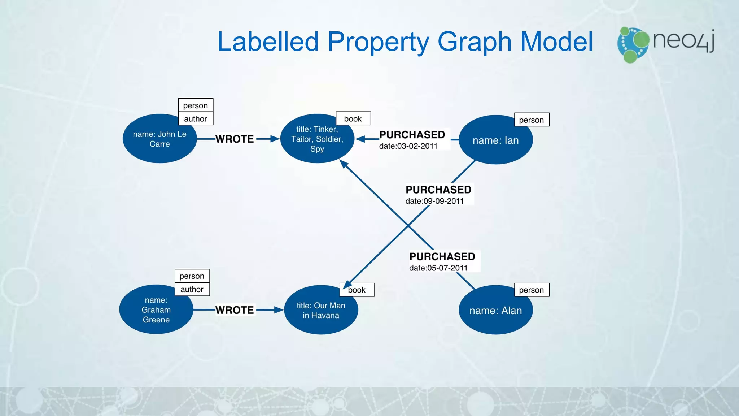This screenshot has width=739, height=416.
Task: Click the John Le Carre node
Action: [x=159, y=139]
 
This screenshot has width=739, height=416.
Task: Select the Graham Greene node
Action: [x=156, y=310]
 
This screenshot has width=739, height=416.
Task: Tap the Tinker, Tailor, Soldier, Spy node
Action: [x=317, y=139]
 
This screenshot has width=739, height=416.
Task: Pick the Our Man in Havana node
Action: [x=321, y=310]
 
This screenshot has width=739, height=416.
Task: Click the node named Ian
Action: [x=495, y=140]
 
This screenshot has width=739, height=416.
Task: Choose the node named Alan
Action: [x=495, y=311]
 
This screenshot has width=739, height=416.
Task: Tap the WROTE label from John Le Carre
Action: [x=235, y=139]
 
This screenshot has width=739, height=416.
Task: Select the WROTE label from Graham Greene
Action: [x=235, y=310]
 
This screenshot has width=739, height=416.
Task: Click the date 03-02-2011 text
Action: [x=408, y=146]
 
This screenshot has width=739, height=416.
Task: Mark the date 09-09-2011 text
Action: [x=434, y=201]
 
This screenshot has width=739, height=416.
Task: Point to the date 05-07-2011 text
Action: [x=438, y=268]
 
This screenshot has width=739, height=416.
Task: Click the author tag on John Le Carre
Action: [x=196, y=119]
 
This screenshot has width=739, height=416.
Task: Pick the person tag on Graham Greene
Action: [x=192, y=276]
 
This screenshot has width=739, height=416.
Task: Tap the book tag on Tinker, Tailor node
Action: [x=353, y=119]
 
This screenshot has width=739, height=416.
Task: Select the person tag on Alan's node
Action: [x=531, y=290]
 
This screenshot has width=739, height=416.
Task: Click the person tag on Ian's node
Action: [x=531, y=120]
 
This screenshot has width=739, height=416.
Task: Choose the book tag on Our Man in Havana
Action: [x=357, y=290]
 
